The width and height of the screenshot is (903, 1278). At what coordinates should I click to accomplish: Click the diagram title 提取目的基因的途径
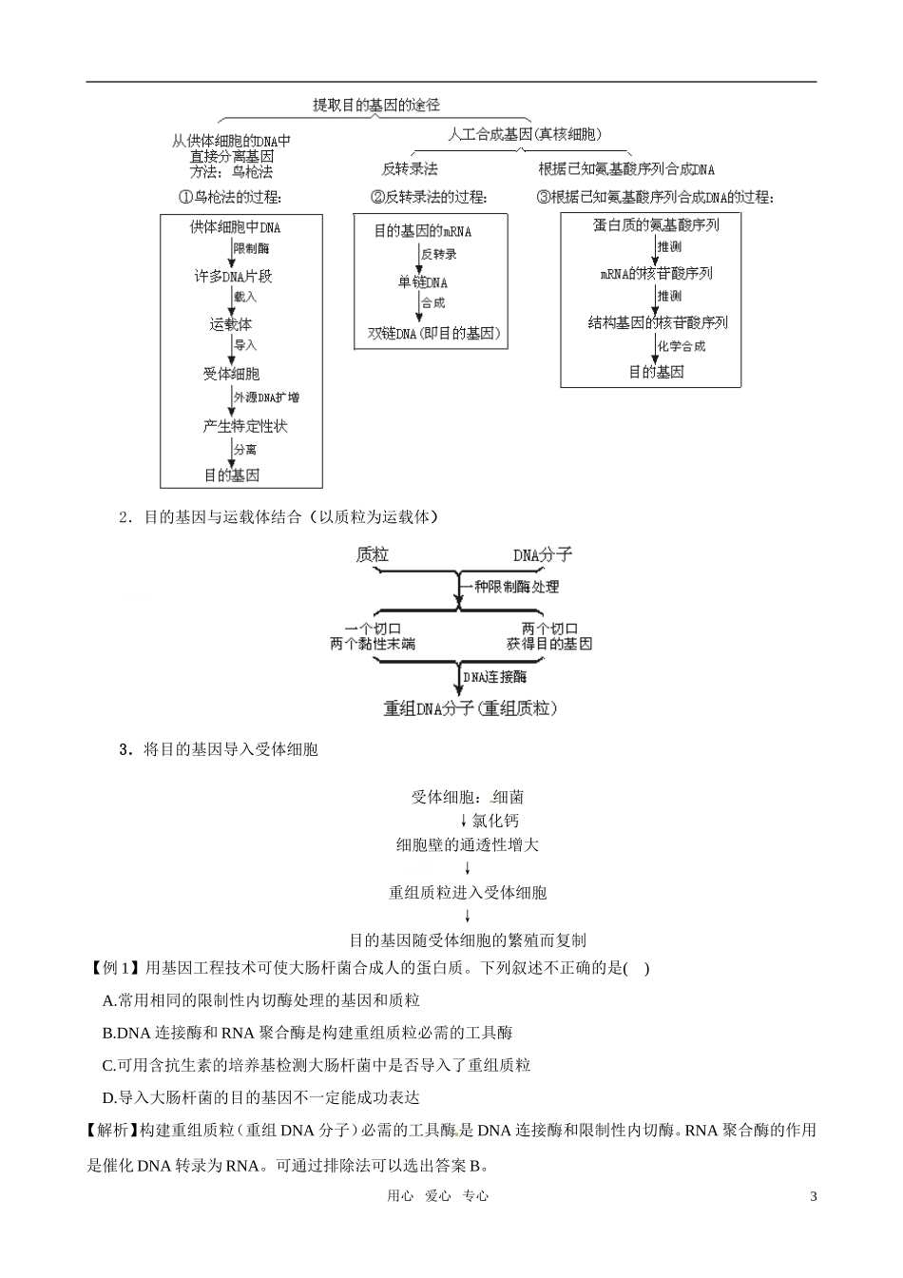click(x=376, y=105)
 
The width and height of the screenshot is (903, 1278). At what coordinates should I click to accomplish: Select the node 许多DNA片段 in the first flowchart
click(x=233, y=276)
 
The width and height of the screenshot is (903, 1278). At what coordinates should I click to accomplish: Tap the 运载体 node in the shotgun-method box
click(x=231, y=324)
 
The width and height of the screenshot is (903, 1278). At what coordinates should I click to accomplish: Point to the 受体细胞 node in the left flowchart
click(x=231, y=374)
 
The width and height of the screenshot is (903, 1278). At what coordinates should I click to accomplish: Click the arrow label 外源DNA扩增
click(x=265, y=397)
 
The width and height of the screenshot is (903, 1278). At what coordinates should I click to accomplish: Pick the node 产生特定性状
click(x=244, y=426)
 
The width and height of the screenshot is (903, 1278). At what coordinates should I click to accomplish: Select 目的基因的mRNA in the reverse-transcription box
click(x=422, y=231)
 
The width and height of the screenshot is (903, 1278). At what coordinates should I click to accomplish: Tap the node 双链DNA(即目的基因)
click(x=433, y=333)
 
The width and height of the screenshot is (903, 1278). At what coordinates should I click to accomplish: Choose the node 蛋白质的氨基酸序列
click(x=656, y=225)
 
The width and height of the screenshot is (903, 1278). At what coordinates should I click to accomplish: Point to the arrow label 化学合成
click(x=682, y=346)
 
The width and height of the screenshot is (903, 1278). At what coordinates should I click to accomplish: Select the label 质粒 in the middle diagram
click(x=373, y=554)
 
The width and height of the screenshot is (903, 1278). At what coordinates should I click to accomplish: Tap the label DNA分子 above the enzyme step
click(x=543, y=554)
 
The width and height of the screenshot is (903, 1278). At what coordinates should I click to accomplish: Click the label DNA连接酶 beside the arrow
click(x=495, y=677)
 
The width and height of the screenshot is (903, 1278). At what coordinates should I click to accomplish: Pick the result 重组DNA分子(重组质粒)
click(x=470, y=708)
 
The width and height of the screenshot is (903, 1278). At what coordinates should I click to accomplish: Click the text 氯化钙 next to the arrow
click(x=495, y=821)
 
